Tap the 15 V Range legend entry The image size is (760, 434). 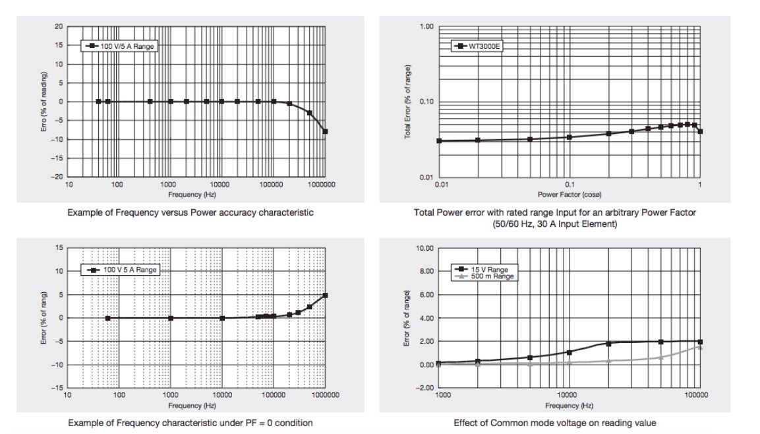[x=490, y=269]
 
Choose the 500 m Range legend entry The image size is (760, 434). [x=492, y=276]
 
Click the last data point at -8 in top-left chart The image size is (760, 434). [x=325, y=132]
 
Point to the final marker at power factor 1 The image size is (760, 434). [x=700, y=131]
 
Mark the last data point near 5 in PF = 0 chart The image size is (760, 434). [x=325, y=295]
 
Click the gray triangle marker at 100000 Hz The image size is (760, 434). [x=700, y=347]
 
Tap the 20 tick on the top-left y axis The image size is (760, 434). [x=59, y=26]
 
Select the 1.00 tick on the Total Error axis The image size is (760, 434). [x=426, y=26]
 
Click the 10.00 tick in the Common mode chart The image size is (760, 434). [x=425, y=248]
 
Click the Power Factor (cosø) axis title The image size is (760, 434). [x=570, y=194]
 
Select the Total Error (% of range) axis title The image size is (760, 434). [x=409, y=102]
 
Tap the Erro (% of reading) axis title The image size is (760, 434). [x=44, y=102]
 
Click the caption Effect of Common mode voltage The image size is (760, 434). [x=555, y=423]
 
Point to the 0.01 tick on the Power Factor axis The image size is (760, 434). [x=442, y=185]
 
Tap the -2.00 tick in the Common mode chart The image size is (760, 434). [x=425, y=388]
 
